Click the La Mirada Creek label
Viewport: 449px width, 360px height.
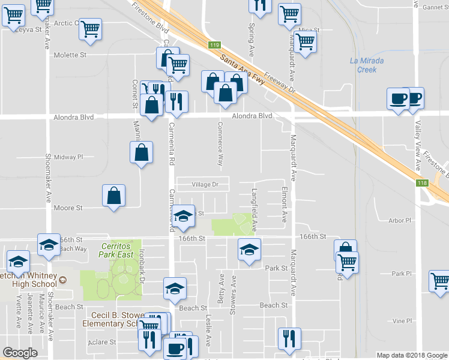[366, 65]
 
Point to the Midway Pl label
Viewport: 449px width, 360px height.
[69, 157]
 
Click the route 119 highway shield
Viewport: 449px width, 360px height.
[214, 46]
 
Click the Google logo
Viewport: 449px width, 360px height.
[20, 353]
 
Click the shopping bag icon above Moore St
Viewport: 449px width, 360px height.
[113, 195]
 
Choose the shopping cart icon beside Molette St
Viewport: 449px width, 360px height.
[90, 28]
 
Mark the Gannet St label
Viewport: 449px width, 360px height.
[435, 8]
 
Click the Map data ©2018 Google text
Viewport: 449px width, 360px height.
[411, 355]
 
